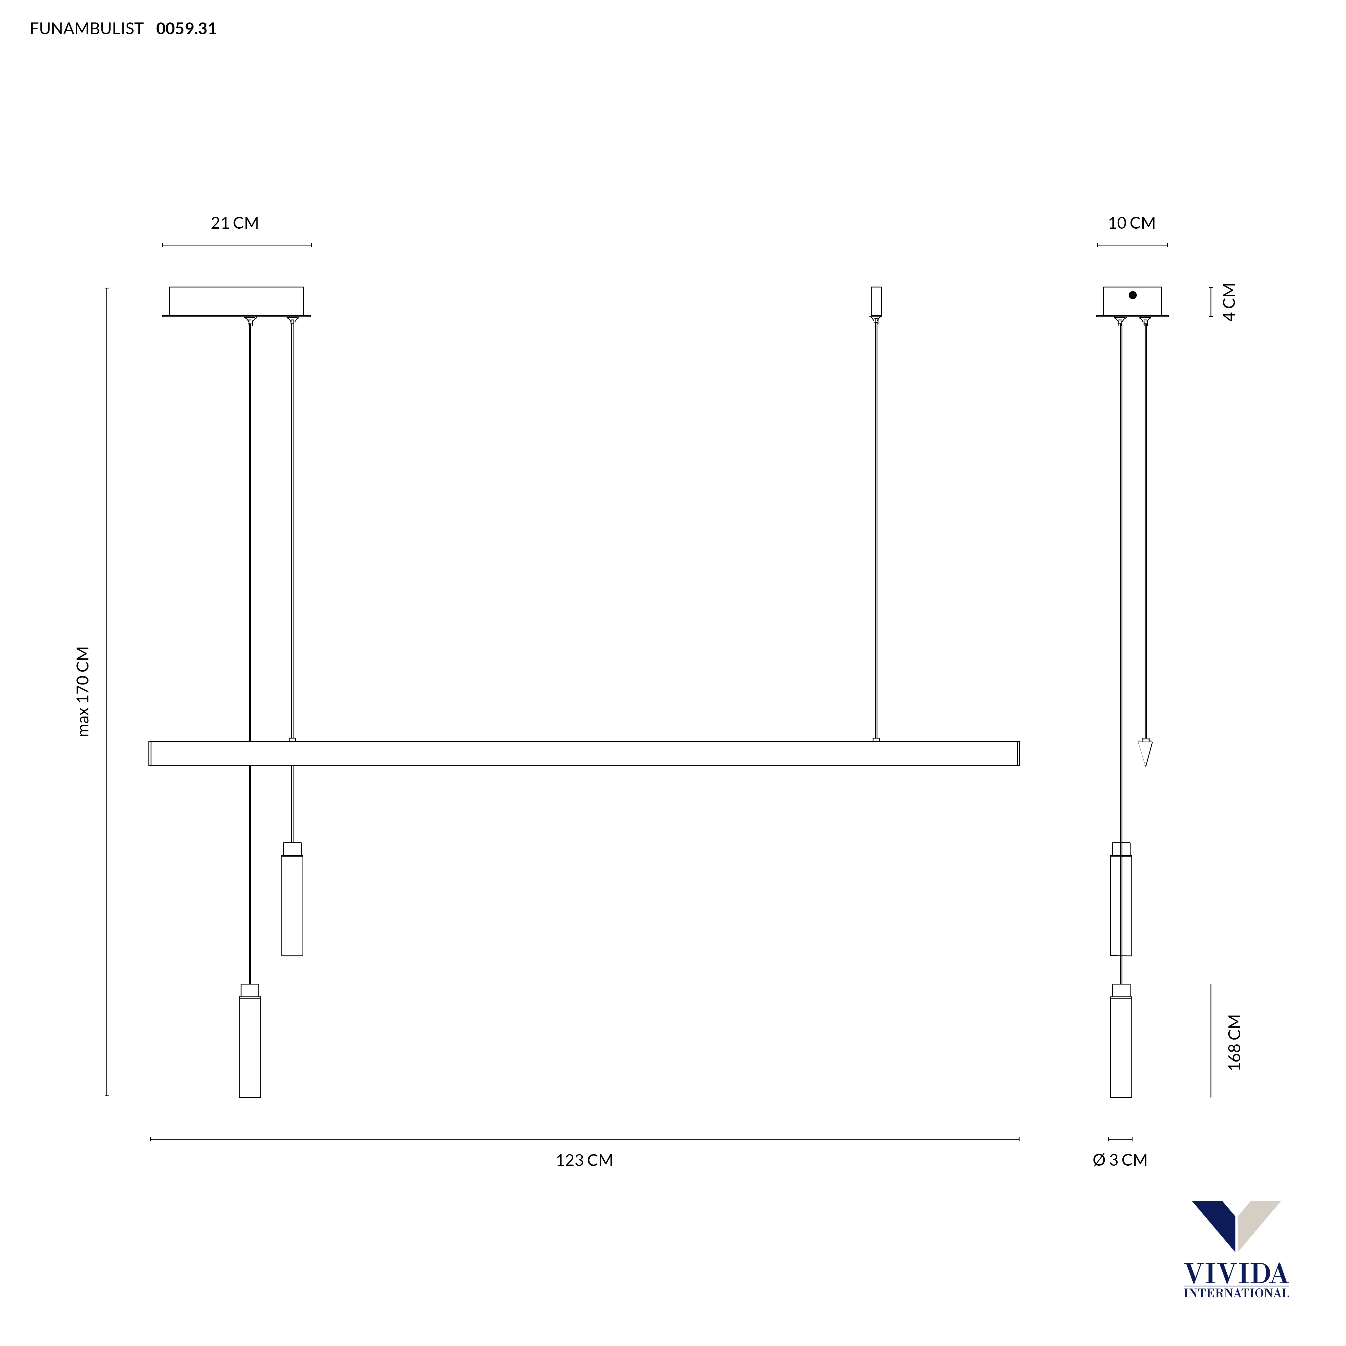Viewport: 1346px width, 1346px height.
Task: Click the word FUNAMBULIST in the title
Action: click(x=87, y=29)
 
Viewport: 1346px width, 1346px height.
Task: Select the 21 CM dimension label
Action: click(x=235, y=223)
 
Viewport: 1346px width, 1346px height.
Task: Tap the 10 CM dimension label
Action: click(x=1131, y=223)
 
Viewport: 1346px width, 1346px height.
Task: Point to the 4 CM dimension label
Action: click(x=1230, y=302)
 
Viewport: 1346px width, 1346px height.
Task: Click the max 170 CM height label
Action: click(x=83, y=691)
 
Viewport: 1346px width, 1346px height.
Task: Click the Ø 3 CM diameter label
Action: click(x=1120, y=1160)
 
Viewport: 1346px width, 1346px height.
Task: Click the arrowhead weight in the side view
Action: click(x=1145, y=752)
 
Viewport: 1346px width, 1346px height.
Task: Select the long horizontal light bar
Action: click(x=584, y=754)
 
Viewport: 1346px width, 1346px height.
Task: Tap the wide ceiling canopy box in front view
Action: click(x=236, y=301)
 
